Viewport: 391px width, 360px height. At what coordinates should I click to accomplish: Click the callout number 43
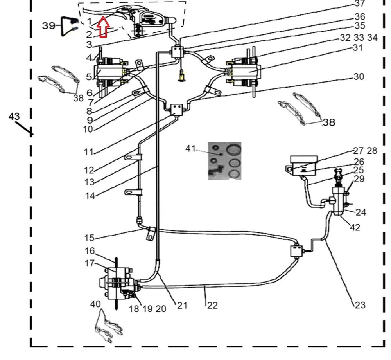(14, 117)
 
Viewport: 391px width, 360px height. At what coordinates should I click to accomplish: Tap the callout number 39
(49, 26)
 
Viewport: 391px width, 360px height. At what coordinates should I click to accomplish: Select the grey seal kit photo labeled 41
(224, 160)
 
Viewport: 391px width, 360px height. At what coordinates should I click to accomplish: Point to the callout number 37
(360, 4)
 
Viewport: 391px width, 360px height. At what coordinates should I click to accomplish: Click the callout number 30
(359, 77)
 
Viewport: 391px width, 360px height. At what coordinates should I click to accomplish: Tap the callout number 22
(212, 305)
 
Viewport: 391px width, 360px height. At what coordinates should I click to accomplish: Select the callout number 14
(90, 196)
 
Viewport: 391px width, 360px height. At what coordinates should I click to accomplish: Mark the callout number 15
(89, 238)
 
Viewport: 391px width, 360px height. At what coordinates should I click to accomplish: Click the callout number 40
(95, 304)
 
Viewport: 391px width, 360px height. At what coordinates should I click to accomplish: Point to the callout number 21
(182, 305)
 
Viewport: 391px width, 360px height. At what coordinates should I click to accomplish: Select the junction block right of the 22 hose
(297, 250)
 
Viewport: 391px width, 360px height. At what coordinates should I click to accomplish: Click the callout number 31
(357, 48)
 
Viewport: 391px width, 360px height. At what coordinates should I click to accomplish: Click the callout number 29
(359, 179)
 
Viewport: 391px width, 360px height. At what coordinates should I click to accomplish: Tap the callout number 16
(90, 251)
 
